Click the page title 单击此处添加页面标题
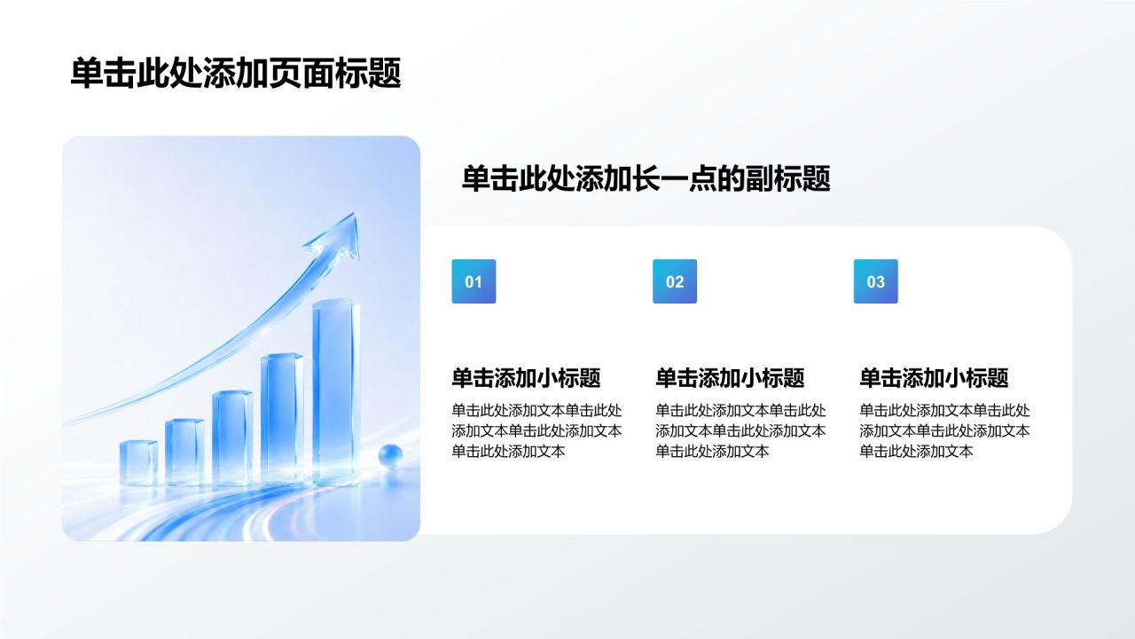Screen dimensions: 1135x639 coord(236,74)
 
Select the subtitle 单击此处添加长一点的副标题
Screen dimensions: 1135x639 coord(646,178)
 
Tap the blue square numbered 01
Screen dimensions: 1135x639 coord(474,281)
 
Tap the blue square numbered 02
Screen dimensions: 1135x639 coord(675,281)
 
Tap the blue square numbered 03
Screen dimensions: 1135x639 coord(875,281)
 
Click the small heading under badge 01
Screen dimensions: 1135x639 coord(526,378)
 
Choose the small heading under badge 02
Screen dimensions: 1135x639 coord(730,378)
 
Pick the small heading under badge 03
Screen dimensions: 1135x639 coord(934,378)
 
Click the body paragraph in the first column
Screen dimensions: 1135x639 coord(536,430)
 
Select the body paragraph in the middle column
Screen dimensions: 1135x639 coord(740,430)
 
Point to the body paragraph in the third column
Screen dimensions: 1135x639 coord(944,430)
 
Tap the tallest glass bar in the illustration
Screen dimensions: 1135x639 coord(336,390)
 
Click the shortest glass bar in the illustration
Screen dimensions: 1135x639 coord(138,461)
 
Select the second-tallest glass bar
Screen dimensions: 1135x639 coord(282,418)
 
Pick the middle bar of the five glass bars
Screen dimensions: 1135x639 coord(232,438)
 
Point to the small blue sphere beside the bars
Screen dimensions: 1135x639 coord(390,454)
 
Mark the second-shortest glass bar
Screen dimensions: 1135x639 coord(184,452)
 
